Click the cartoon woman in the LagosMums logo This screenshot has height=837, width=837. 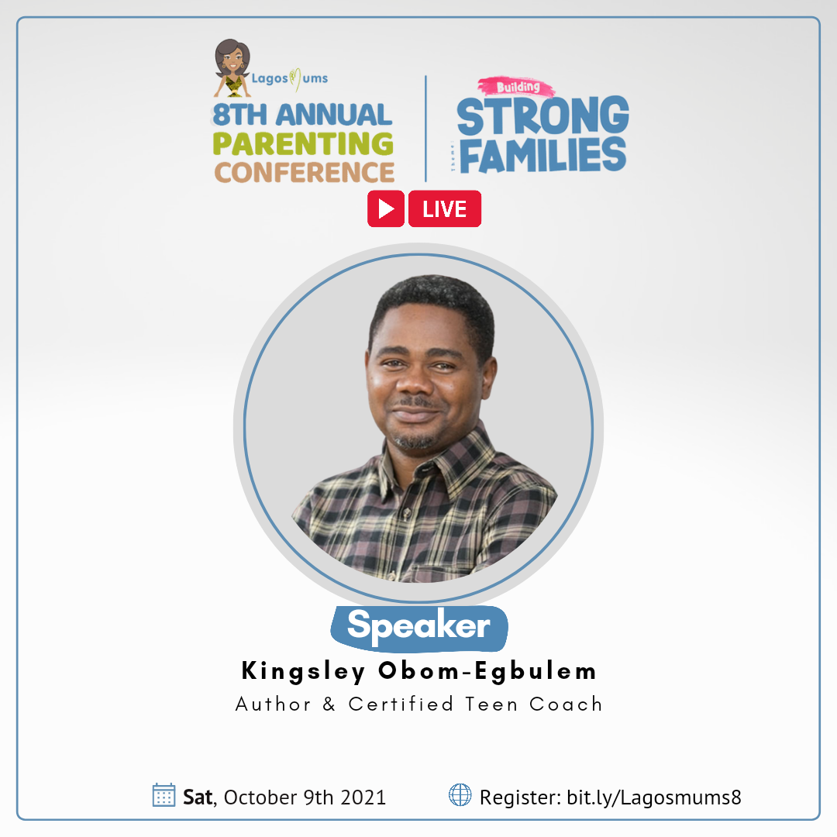pyautogui.click(x=232, y=67)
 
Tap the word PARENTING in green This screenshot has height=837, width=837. pyautogui.click(x=303, y=143)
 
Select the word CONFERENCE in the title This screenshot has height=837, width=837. pyautogui.click(x=305, y=172)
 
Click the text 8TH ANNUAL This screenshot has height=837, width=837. pyautogui.click(x=302, y=115)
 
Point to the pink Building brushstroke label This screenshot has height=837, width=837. pyautogui.click(x=516, y=87)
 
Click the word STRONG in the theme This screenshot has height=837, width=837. pyautogui.click(x=542, y=115)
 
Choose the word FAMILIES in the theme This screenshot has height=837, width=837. pyautogui.click(x=542, y=155)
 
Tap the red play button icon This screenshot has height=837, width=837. pyautogui.click(x=385, y=208)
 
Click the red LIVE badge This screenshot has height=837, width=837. pyautogui.click(x=445, y=208)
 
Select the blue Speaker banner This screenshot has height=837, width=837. pyautogui.click(x=419, y=628)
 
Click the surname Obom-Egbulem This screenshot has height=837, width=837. pyautogui.click(x=487, y=671)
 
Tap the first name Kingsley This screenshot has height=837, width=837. pyautogui.click(x=303, y=672)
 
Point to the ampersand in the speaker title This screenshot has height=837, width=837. pyautogui.click(x=329, y=704)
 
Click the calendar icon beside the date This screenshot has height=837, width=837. pyautogui.click(x=164, y=795)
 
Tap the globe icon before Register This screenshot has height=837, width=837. pyautogui.click(x=460, y=794)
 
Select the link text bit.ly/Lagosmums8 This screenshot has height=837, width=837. pyautogui.click(x=654, y=797)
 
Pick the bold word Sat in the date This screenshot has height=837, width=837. pyautogui.click(x=198, y=797)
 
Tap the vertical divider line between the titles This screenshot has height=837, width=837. pyautogui.click(x=425, y=129)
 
